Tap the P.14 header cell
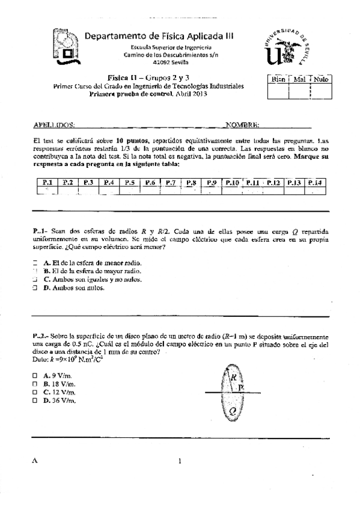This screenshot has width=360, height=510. pos(314,182)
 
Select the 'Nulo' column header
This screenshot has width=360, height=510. pos(320,79)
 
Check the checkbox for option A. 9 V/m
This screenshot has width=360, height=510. pos(35,375)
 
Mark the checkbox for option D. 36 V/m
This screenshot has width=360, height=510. pos(35,400)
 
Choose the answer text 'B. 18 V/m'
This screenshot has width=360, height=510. pos(59,383)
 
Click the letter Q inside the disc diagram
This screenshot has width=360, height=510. pos(233,411)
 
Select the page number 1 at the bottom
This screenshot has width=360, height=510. pos(179,461)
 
